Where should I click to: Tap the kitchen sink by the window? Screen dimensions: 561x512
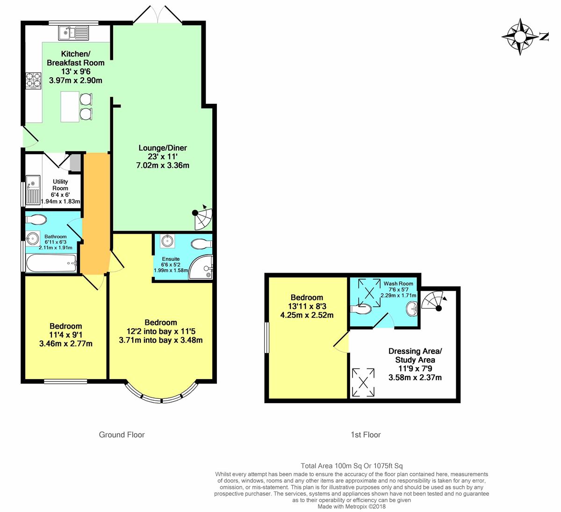point(73,33)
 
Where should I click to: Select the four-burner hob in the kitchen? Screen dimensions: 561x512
point(33,80)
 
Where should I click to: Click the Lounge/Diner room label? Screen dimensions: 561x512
point(163,148)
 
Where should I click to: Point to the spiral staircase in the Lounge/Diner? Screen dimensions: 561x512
point(203,217)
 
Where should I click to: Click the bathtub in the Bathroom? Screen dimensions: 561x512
point(51,263)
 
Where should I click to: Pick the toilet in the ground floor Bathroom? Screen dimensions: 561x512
point(36,219)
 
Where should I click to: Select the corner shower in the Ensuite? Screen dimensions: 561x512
point(201,267)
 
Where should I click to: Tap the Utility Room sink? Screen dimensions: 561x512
point(33,190)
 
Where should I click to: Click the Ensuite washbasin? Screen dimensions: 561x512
point(167,241)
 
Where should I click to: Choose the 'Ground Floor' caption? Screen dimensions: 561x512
point(122,434)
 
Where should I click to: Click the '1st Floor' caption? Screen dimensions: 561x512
point(366,434)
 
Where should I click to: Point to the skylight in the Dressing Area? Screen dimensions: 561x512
point(363,382)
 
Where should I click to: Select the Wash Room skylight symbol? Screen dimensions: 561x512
point(369,293)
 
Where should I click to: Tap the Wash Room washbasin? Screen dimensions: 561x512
point(412,309)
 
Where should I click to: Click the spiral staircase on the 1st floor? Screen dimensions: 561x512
point(434,301)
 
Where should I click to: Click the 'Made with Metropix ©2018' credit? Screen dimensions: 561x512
point(352,506)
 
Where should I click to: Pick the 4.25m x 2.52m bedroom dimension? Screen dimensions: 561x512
point(307,315)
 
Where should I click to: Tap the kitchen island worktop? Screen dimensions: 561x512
point(70,107)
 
